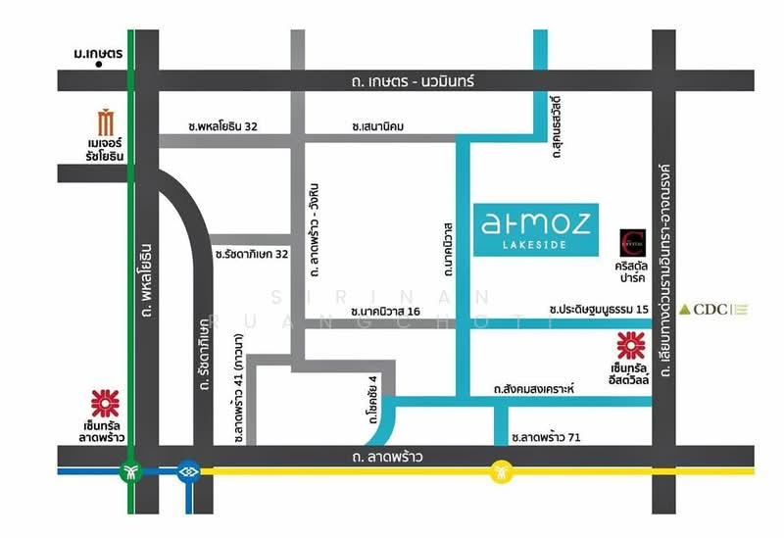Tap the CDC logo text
coord(711,310)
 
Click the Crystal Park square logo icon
coord(631,241)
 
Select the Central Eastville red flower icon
coord(630,346)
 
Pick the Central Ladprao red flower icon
coord(105,403)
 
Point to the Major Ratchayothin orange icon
coord(106,124)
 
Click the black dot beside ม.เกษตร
coord(101,71)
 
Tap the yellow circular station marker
coord(502,472)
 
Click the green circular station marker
coord(131,472)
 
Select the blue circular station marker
coord(188,472)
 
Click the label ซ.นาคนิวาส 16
coord(385,311)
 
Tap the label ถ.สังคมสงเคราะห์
coord(534,389)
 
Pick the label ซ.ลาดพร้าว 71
coord(546,437)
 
